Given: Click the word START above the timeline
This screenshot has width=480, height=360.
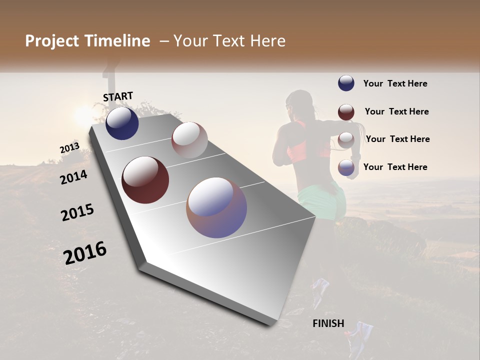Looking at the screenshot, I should (118, 96).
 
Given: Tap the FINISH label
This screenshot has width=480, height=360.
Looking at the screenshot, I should (328, 323).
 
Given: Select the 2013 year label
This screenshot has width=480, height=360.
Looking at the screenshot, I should (69, 148).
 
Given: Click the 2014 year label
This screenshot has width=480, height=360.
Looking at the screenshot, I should (73, 176).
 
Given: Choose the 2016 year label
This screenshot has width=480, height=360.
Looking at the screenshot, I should (85, 253).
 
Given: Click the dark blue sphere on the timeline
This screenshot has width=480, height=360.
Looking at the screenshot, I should (122, 123).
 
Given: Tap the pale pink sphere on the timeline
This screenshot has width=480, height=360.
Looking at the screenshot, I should (189, 139).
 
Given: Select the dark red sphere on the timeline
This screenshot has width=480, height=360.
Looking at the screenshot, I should (145, 180).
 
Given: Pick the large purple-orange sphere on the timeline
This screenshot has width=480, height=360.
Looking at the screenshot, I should (216, 207).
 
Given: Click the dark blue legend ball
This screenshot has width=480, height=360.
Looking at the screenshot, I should (346, 83).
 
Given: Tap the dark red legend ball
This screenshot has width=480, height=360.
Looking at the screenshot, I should (346, 112).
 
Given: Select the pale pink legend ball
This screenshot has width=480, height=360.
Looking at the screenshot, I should (346, 140).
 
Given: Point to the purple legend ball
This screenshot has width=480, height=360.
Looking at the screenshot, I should (346, 168).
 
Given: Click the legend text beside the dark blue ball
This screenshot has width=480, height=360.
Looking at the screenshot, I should (395, 83).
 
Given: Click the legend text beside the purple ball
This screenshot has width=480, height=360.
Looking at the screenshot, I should (395, 167).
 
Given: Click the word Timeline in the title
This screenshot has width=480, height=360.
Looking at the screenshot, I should (117, 41).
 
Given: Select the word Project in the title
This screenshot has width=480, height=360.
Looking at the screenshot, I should (53, 41).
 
